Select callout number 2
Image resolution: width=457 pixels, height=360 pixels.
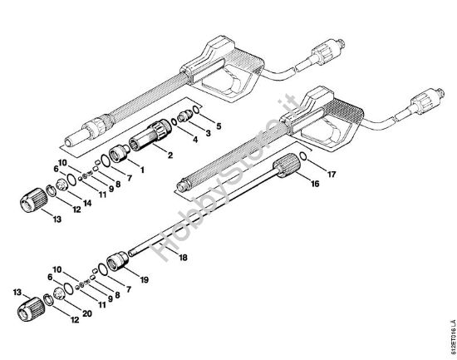[x=170, y=155]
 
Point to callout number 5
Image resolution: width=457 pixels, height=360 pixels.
[x=219, y=124]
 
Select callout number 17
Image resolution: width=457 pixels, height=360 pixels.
[x=331, y=175]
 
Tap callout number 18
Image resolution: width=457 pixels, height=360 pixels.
[x=184, y=258]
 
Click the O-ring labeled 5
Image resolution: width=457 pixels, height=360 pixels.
[x=194, y=109]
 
